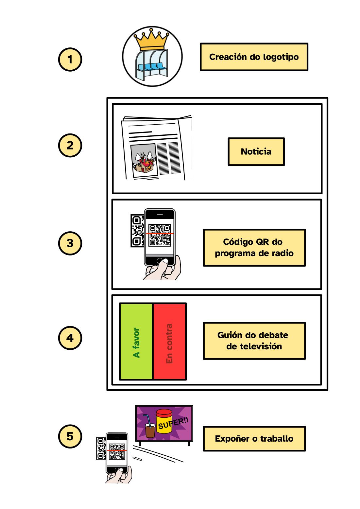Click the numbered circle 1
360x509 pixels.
click(x=70, y=60)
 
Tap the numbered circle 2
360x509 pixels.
click(x=70, y=146)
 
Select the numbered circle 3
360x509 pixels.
click(x=70, y=243)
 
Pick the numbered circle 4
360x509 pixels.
click(x=70, y=338)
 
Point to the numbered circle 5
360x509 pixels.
click(x=70, y=436)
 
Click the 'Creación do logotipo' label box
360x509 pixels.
click(x=254, y=57)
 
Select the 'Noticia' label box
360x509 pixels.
click(x=256, y=151)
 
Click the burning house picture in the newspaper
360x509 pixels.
click(x=143, y=161)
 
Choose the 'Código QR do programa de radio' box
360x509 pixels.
click(x=254, y=248)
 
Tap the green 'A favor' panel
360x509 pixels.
click(x=136, y=342)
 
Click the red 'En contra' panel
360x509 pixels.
click(x=169, y=342)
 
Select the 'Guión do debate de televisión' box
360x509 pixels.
click(x=254, y=341)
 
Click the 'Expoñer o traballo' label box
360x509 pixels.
click(x=254, y=439)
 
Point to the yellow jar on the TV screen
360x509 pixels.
click(x=163, y=421)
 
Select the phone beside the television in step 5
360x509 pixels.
click(x=117, y=453)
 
